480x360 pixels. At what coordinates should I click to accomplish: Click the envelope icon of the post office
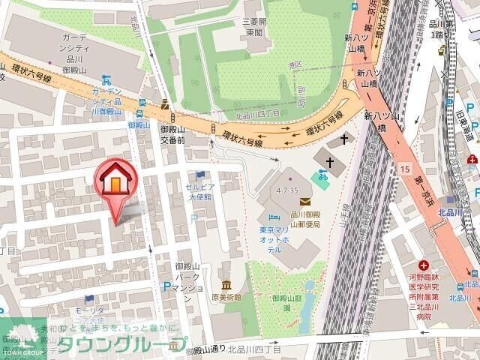(304, 201)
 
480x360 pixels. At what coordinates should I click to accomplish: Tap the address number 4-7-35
(287, 191)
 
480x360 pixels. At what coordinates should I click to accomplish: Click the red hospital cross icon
(424, 265)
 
